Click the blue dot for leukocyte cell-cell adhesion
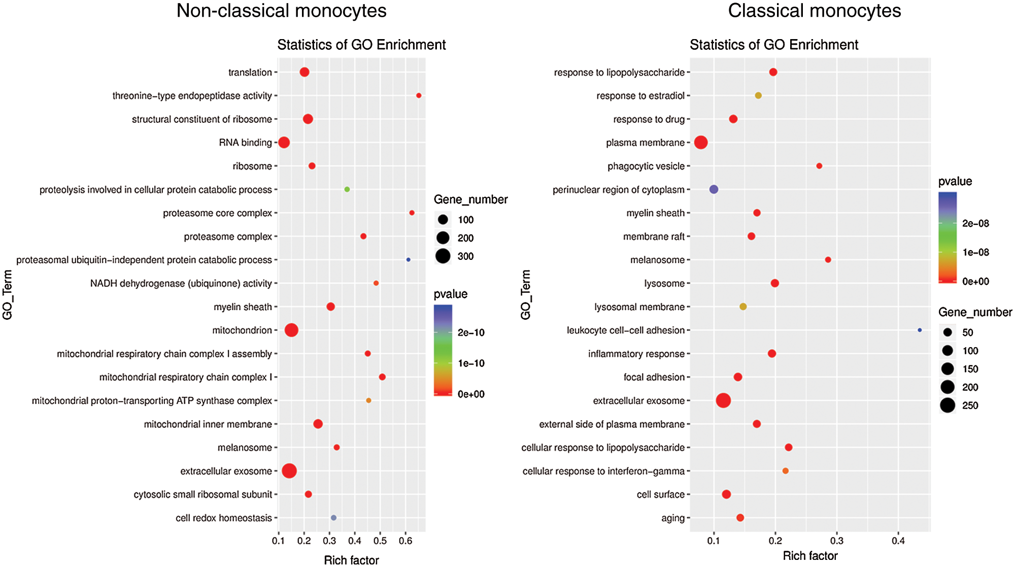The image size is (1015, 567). (920, 330)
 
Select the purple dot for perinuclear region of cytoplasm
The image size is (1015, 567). (714, 189)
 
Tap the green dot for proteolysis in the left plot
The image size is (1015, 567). (347, 189)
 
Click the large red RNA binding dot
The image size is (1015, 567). (284, 143)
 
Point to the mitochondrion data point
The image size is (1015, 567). (291, 330)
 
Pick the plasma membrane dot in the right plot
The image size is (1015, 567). (701, 143)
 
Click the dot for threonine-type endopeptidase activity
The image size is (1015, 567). (419, 95)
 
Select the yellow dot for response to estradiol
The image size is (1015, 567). (758, 95)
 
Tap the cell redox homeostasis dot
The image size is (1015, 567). (333, 518)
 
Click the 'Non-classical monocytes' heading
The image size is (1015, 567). (281, 11)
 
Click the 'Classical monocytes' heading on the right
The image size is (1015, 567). (814, 11)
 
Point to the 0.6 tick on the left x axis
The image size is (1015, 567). (405, 541)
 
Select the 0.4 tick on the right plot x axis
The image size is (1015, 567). (898, 541)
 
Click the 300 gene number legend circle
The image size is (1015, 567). (443, 256)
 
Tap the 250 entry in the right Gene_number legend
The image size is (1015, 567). (948, 406)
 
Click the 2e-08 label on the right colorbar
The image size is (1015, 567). (975, 223)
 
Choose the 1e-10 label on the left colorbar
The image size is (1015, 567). (471, 363)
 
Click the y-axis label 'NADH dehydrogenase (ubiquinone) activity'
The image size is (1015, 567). (181, 283)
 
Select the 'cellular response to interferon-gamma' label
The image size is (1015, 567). (603, 471)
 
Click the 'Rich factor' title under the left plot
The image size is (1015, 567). (351, 560)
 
